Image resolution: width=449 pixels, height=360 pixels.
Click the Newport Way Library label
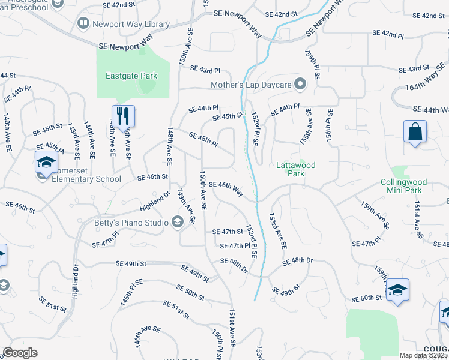pyautogui.click(x=131, y=25)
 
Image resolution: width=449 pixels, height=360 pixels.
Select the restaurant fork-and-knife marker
pyautogui.click(x=123, y=116)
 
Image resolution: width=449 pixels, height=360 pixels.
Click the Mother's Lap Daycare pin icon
pyautogui.click(x=302, y=85)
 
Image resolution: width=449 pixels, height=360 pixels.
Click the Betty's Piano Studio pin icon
pyautogui.click(x=177, y=223)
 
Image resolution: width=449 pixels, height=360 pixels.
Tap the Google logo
pyautogui.click(x=20, y=353)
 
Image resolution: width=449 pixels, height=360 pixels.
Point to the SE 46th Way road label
pyautogui.click(x=226, y=188)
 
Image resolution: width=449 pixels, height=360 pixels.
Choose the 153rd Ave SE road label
pyautogui.click(x=278, y=230)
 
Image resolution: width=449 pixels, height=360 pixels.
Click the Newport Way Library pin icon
pyautogui.click(x=83, y=25)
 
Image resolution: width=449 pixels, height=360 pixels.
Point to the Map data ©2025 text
pyautogui.click(x=423, y=355)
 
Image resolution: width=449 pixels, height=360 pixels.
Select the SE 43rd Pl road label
pyautogui.click(x=205, y=70)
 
